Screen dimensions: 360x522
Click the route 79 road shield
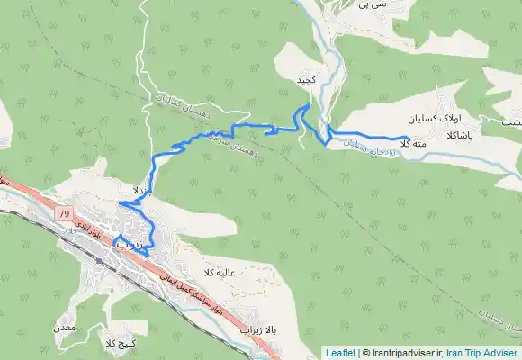64,213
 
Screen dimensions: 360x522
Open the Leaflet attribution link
340,353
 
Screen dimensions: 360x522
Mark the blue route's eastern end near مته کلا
409,137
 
